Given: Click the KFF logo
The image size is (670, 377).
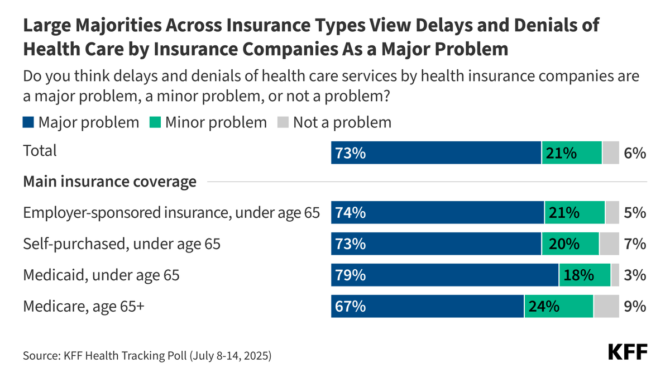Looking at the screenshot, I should [x=627, y=352].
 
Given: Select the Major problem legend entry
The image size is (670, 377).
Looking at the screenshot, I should [x=81, y=122].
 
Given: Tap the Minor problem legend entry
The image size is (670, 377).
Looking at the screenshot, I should [x=209, y=122].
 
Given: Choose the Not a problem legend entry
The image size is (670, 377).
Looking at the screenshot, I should [x=334, y=122].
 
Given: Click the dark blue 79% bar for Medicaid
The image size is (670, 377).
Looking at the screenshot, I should [x=444, y=275].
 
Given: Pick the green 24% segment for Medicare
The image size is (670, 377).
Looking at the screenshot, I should [x=558, y=306].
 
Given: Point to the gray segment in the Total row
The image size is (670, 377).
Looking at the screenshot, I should [x=610, y=152].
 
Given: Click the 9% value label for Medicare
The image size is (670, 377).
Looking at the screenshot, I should [x=635, y=306].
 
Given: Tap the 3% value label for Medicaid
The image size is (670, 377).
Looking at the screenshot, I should [x=635, y=275].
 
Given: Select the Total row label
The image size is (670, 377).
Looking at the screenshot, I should [x=40, y=151].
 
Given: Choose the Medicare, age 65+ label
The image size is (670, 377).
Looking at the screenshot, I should [x=83, y=306].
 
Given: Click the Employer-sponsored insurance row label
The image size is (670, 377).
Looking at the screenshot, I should [x=171, y=213].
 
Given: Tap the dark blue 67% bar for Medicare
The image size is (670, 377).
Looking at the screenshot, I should [x=427, y=306].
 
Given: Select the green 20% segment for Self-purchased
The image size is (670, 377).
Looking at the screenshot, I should [x=570, y=244].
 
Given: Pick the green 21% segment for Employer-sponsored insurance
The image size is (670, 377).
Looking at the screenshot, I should [x=575, y=213].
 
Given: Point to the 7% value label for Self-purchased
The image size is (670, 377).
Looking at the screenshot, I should [x=635, y=244].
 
